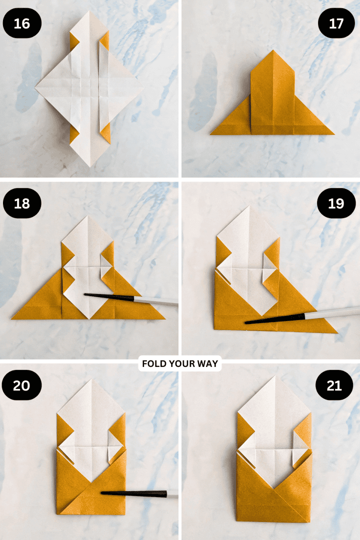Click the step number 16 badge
click(x=22, y=23)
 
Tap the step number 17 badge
click(x=336, y=23)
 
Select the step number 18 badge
click(x=22, y=203)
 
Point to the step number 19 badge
click(x=336, y=203)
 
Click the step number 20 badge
click(x=22, y=385)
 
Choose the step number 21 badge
click(x=336, y=385)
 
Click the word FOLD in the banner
click(x=154, y=364)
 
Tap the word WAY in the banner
click(x=208, y=364)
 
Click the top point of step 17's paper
click(x=272, y=50)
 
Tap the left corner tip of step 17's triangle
click(x=210, y=134)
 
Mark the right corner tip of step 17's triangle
click(x=333, y=134)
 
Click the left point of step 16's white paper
click(x=35, y=88)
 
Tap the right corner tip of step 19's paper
click(x=337, y=332)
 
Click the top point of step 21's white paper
click(x=273, y=376)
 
